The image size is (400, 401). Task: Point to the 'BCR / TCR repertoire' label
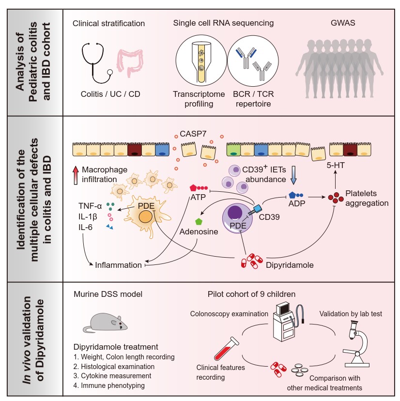pyautogui.click(x=252, y=98)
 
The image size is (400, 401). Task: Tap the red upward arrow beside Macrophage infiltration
pyautogui.click(x=75, y=173)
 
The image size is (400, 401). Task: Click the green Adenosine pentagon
pyautogui.click(x=198, y=222)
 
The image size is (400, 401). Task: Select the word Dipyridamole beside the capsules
pyautogui.click(x=289, y=265)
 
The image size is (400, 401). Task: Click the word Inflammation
pyautogui.click(x=118, y=265)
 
